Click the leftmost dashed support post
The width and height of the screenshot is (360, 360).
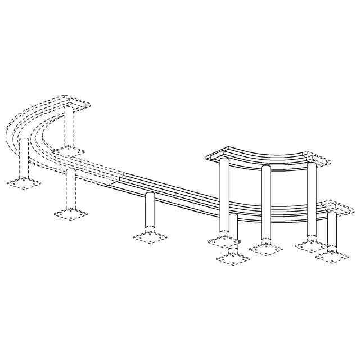pos(24,157)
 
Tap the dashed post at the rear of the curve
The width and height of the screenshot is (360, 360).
pos(68,127)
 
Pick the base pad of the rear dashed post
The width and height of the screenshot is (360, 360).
pos(69,150)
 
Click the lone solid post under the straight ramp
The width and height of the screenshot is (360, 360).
pos(150,211)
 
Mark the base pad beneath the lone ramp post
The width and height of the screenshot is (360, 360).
pos(150,237)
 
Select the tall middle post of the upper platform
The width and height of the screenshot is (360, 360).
pos(266,202)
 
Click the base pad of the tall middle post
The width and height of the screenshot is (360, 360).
pos(266,248)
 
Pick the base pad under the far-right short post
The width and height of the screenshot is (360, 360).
pos(332,256)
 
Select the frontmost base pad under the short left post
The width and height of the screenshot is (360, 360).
pos(233,258)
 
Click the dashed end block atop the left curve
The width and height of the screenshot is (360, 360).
pos(76,101)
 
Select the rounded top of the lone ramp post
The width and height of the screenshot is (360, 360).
pos(150,195)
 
